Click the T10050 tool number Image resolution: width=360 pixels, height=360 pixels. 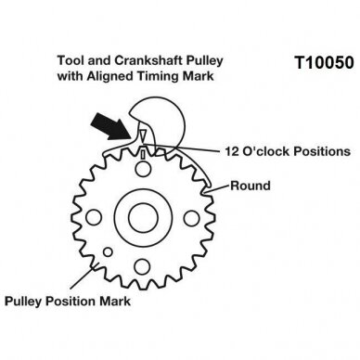(324, 63)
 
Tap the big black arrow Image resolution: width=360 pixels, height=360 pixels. (112, 127)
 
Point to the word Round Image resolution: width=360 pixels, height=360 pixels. (251, 186)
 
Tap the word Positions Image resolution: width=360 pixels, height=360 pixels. (322, 151)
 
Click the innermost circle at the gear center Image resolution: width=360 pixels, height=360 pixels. (143, 218)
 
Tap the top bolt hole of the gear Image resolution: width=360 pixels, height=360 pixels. (143, 169)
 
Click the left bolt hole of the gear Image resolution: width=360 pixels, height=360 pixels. (94, 218)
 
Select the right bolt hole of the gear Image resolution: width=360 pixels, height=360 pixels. (192, 218)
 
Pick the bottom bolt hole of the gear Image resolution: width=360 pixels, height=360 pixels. (142, 266)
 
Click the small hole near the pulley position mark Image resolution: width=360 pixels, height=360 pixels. (108, 252)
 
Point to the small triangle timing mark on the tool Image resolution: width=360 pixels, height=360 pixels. (143, 135)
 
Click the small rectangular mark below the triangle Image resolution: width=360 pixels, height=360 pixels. (143, 154)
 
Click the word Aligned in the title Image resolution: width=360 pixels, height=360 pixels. (110, 76)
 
